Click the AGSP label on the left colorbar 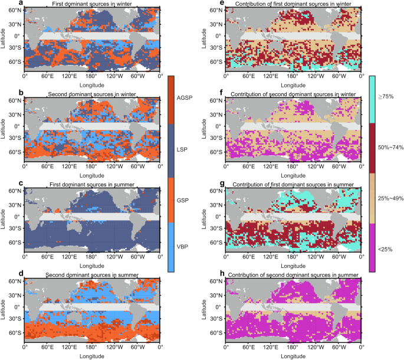186,97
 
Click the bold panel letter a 4,4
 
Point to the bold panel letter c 4,184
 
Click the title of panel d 92,275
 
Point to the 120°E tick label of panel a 69,76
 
